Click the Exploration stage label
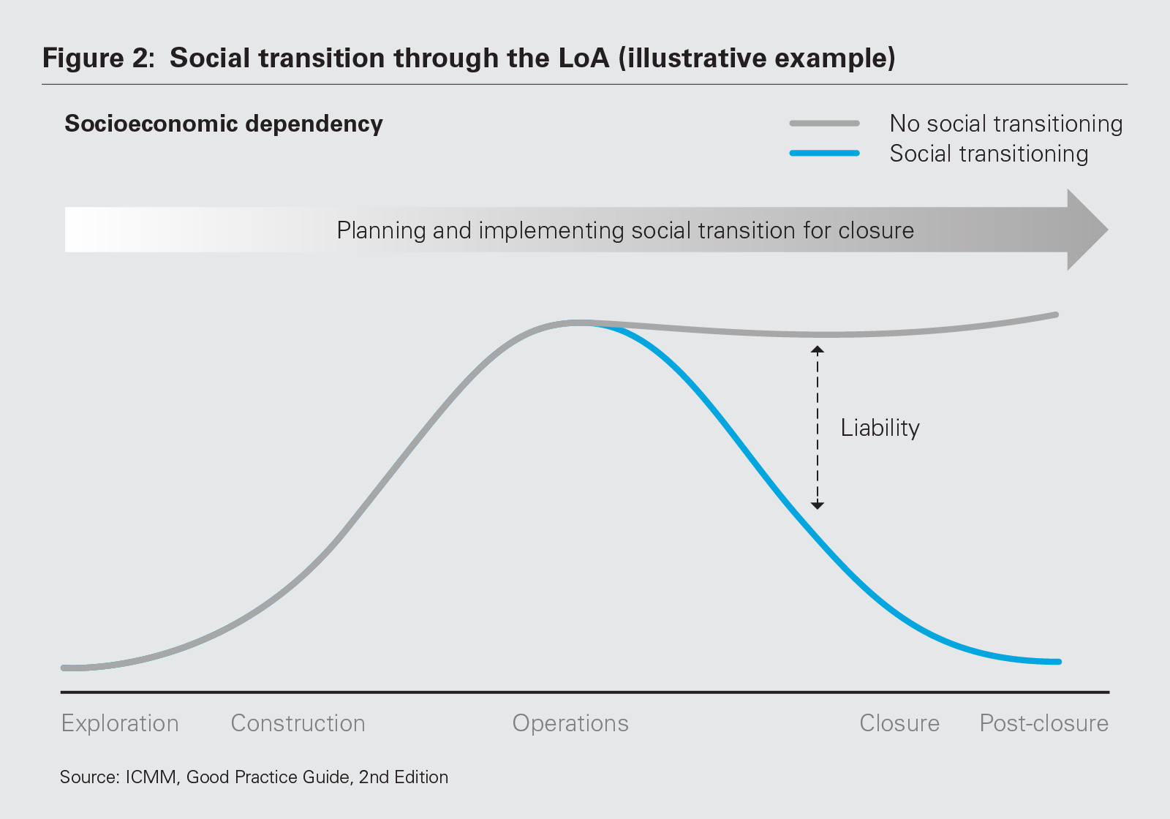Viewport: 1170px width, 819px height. tap(120, 723)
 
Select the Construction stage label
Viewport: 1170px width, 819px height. tap(298, 723)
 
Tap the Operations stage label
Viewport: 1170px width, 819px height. tap(570, 723)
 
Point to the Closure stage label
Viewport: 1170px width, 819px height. tap(899, 723)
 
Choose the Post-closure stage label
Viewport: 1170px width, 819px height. tap(1043, 723)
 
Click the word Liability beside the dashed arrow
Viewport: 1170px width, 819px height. tap(880, 428)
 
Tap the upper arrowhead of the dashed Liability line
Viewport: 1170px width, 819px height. tap(818, 350)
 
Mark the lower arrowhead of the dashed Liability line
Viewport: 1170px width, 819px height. tap(818, 505)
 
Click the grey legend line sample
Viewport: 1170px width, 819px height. tap(824, 124)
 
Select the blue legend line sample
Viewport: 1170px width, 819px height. tap(824, 154)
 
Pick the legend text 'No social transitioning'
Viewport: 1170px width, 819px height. tap(1005, 124)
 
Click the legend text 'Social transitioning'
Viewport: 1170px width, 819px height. tap(989, 154)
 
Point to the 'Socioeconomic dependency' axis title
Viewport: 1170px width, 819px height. tap(224, 124)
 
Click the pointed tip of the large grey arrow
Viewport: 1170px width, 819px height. tap(1106, 230)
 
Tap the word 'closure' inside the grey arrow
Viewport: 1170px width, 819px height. tap(876, 230)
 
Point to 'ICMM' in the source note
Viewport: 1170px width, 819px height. tap(151, 777)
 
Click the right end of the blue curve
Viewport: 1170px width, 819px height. tap(1057, 662)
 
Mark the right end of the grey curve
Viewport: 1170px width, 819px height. tap(1056, 315)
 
